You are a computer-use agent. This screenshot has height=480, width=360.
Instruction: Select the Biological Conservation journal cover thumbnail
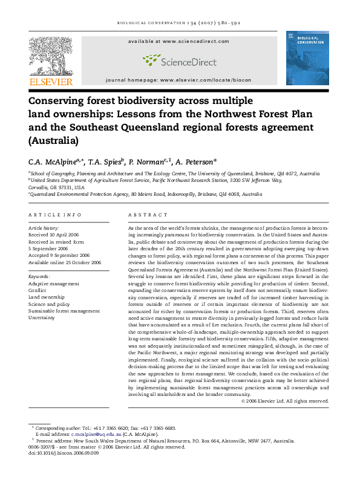pos(307,58)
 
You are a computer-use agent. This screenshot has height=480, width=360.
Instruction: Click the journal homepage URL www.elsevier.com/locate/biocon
pos(205,80)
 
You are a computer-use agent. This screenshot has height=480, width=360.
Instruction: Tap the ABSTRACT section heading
pos(148,215)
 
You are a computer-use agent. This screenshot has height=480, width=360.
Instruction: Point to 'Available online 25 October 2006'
pos(65,262)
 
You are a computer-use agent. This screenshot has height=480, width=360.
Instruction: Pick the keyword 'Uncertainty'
pos(44,317)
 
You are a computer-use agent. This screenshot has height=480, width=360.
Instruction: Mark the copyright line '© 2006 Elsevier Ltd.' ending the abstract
pos(284,401)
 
